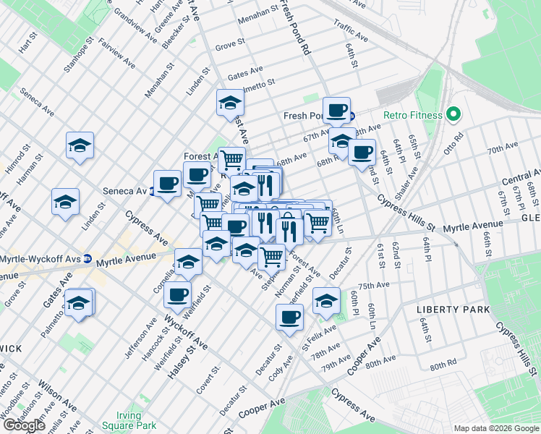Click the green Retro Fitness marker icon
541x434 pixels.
(x=453, y=114)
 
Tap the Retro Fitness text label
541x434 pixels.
(x=414, y=114)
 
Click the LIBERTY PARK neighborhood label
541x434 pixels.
(x=453, y=310)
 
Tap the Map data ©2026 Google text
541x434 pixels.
(x=495, y=428)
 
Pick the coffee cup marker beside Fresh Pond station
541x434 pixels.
(x=336, y=110)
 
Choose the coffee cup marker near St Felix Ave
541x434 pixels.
(x=289, y=316)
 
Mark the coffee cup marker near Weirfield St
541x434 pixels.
(x=177, y=294)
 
